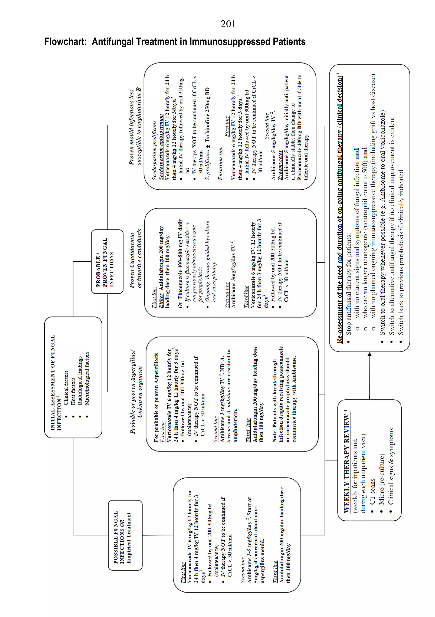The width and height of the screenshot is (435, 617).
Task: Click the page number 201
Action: [x=228, y=24]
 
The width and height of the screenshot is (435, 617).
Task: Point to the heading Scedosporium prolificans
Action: [x=155, y=150]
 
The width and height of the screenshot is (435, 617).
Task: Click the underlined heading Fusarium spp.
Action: [x=220, y=163]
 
